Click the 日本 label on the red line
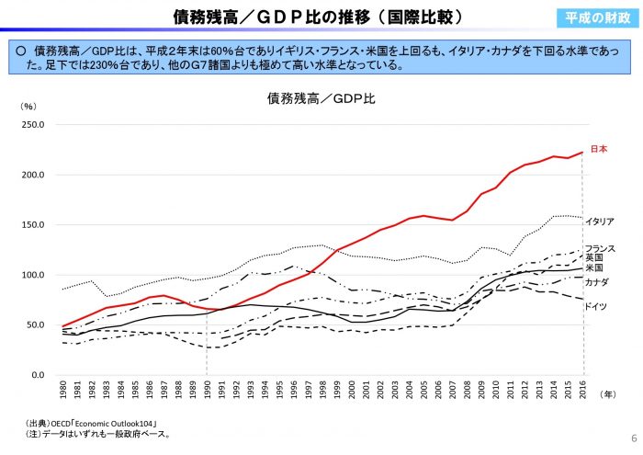click(x=598, y=149)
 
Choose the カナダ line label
click(x=597, y=282)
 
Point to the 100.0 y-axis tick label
click(x=45, y=275)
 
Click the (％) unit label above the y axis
click(x=28, y=107)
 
